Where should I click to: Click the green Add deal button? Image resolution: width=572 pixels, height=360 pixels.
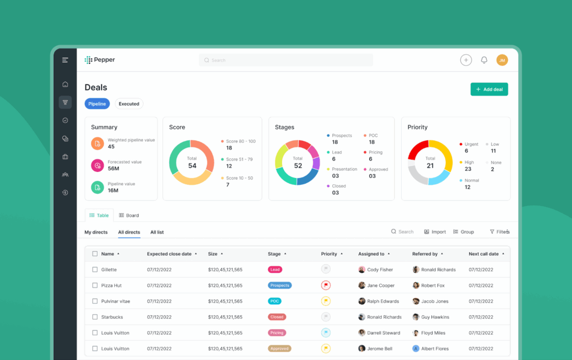489,89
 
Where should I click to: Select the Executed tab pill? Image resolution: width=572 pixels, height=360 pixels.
129,104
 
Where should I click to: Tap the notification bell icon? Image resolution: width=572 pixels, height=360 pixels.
484,60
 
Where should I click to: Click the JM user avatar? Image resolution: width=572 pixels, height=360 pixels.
502,60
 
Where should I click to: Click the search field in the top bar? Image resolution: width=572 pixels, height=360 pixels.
285,60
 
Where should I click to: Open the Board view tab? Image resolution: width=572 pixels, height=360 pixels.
129,215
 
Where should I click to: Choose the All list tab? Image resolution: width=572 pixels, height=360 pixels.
157,232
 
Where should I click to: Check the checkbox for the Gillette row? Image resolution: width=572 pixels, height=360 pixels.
95,270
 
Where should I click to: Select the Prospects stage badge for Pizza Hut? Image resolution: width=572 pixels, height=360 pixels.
279,285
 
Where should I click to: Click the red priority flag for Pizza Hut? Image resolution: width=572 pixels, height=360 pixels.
326,285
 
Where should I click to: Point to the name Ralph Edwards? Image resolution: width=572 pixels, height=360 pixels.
383,301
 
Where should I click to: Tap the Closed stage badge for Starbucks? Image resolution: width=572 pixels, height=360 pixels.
277,317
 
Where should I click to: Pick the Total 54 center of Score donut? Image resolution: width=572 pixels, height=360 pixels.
192,162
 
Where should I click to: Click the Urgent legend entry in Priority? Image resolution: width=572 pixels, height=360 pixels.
471,144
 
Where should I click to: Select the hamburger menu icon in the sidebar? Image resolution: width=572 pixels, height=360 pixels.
65,60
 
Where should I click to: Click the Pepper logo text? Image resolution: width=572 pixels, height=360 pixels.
104,60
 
